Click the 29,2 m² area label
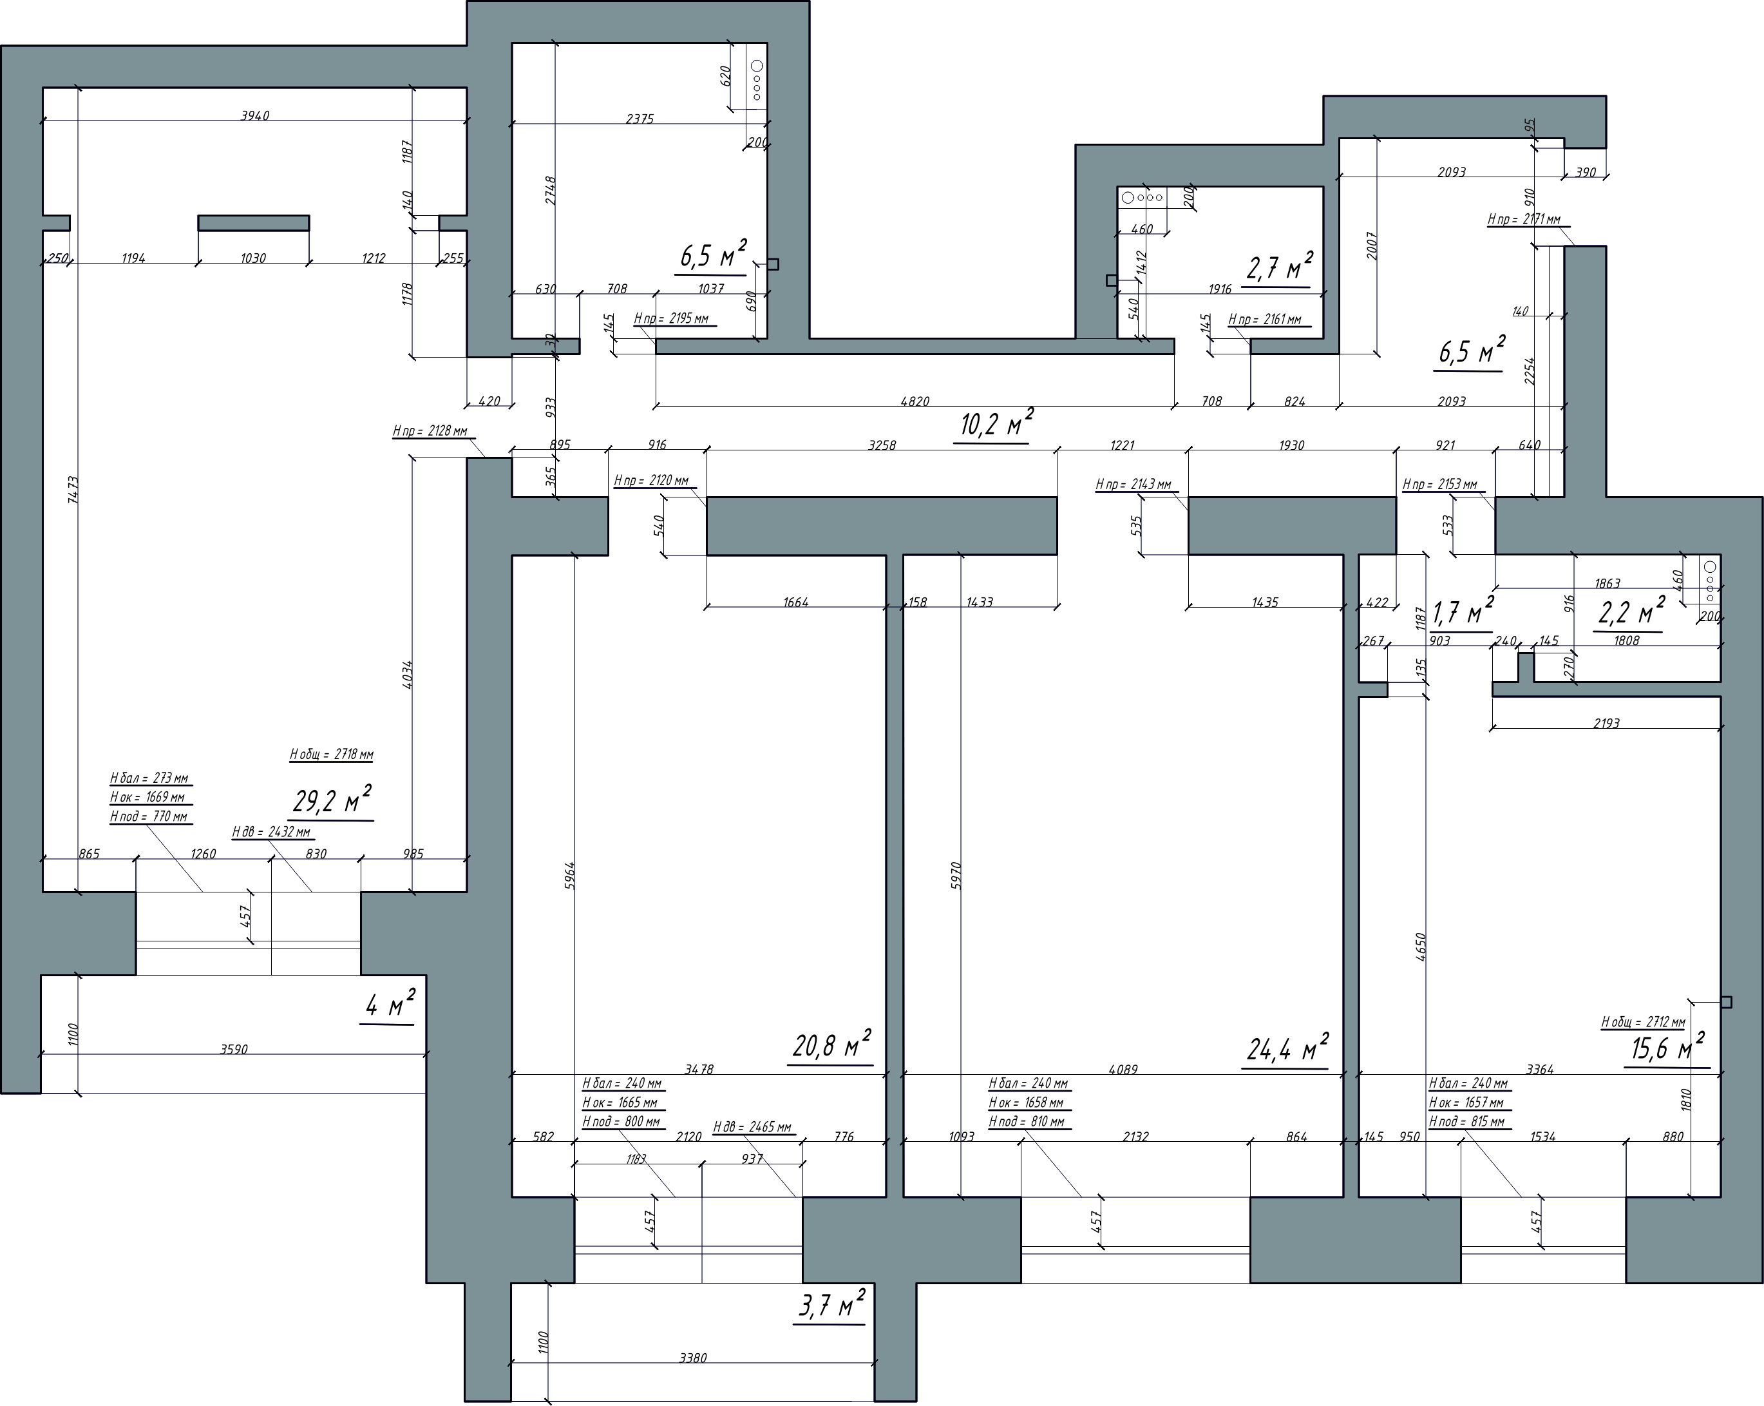[332, 800]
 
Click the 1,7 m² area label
[1463, 612]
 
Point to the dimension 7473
[73, 490]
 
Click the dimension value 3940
[254, 115]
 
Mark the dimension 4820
[915, 401]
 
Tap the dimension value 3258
[882, 445]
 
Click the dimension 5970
[956, 875]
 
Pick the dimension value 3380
[693, 1358]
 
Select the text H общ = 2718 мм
[332, 754]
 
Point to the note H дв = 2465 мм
[753, 1127]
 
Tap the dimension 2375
[640, 119]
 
